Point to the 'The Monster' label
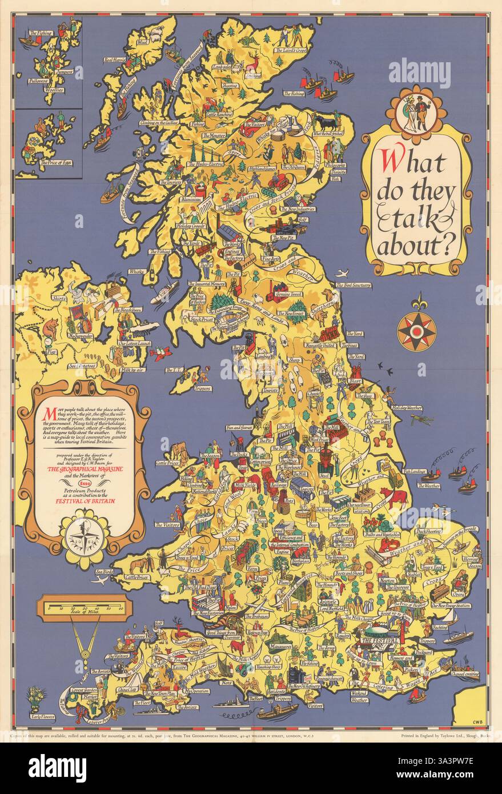(x=214, y=136)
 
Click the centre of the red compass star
(x=416, y=329)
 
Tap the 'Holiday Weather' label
(x=407, y=408)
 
